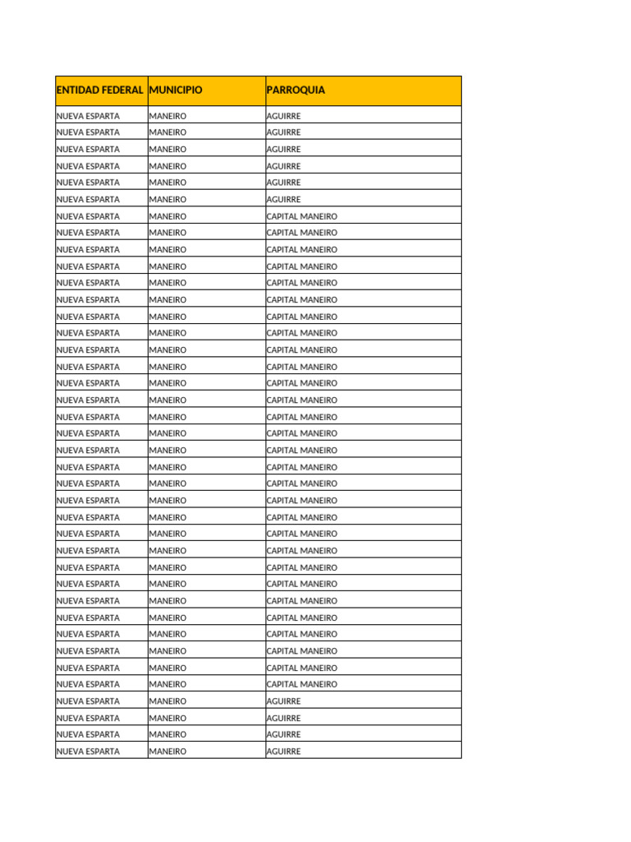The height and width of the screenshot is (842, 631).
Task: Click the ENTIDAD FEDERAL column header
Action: coord(100,90)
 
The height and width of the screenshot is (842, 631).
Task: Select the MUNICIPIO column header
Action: coord(176,90)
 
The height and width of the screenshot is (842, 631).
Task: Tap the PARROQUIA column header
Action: coord(296,90)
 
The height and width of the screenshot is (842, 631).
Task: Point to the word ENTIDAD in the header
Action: coord(76,90)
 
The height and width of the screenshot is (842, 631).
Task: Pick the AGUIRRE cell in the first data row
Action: coord(283,116)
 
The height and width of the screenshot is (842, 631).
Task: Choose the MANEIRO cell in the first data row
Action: coord(168,116)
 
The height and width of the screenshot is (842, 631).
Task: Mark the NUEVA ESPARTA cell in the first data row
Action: coord(88,116)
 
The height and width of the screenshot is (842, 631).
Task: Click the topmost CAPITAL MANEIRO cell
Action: coord(302,216)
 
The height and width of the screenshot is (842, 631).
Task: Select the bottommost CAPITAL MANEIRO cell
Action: coord(302,684)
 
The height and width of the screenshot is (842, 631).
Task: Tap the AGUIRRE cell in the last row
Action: coord(283,752)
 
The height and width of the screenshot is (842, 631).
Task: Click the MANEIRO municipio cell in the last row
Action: coord(168,752)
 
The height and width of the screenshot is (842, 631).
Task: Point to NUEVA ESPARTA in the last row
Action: coord(88,752)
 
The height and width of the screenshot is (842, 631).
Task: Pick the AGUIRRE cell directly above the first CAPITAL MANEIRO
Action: coord(283,199)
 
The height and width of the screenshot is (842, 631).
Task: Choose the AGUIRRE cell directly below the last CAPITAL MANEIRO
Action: coord(283,701)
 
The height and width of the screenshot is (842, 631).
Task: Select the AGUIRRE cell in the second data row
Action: coord(283,132)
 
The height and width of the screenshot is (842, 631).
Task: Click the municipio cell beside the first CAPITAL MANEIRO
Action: coord(168,216)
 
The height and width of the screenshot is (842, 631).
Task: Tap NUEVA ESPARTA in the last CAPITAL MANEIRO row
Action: coord(88,684)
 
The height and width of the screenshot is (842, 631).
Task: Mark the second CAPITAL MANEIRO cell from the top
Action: coord(302,233)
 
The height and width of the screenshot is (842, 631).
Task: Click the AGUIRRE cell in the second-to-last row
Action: coord(283,734)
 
